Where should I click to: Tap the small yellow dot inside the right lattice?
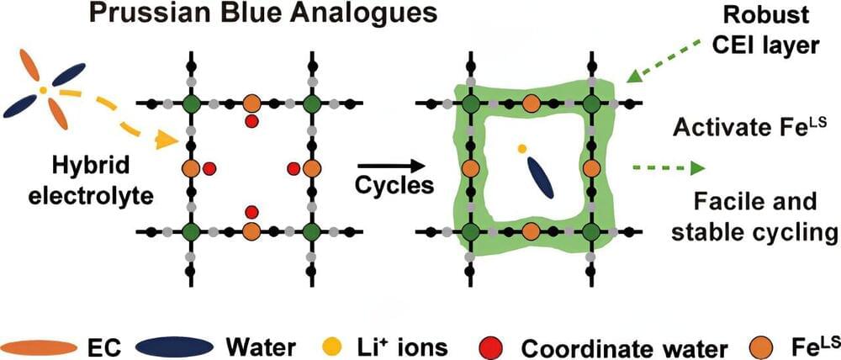pos(521,149)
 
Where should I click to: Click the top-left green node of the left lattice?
pos(190,103)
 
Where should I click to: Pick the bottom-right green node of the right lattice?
pos(590,231)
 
